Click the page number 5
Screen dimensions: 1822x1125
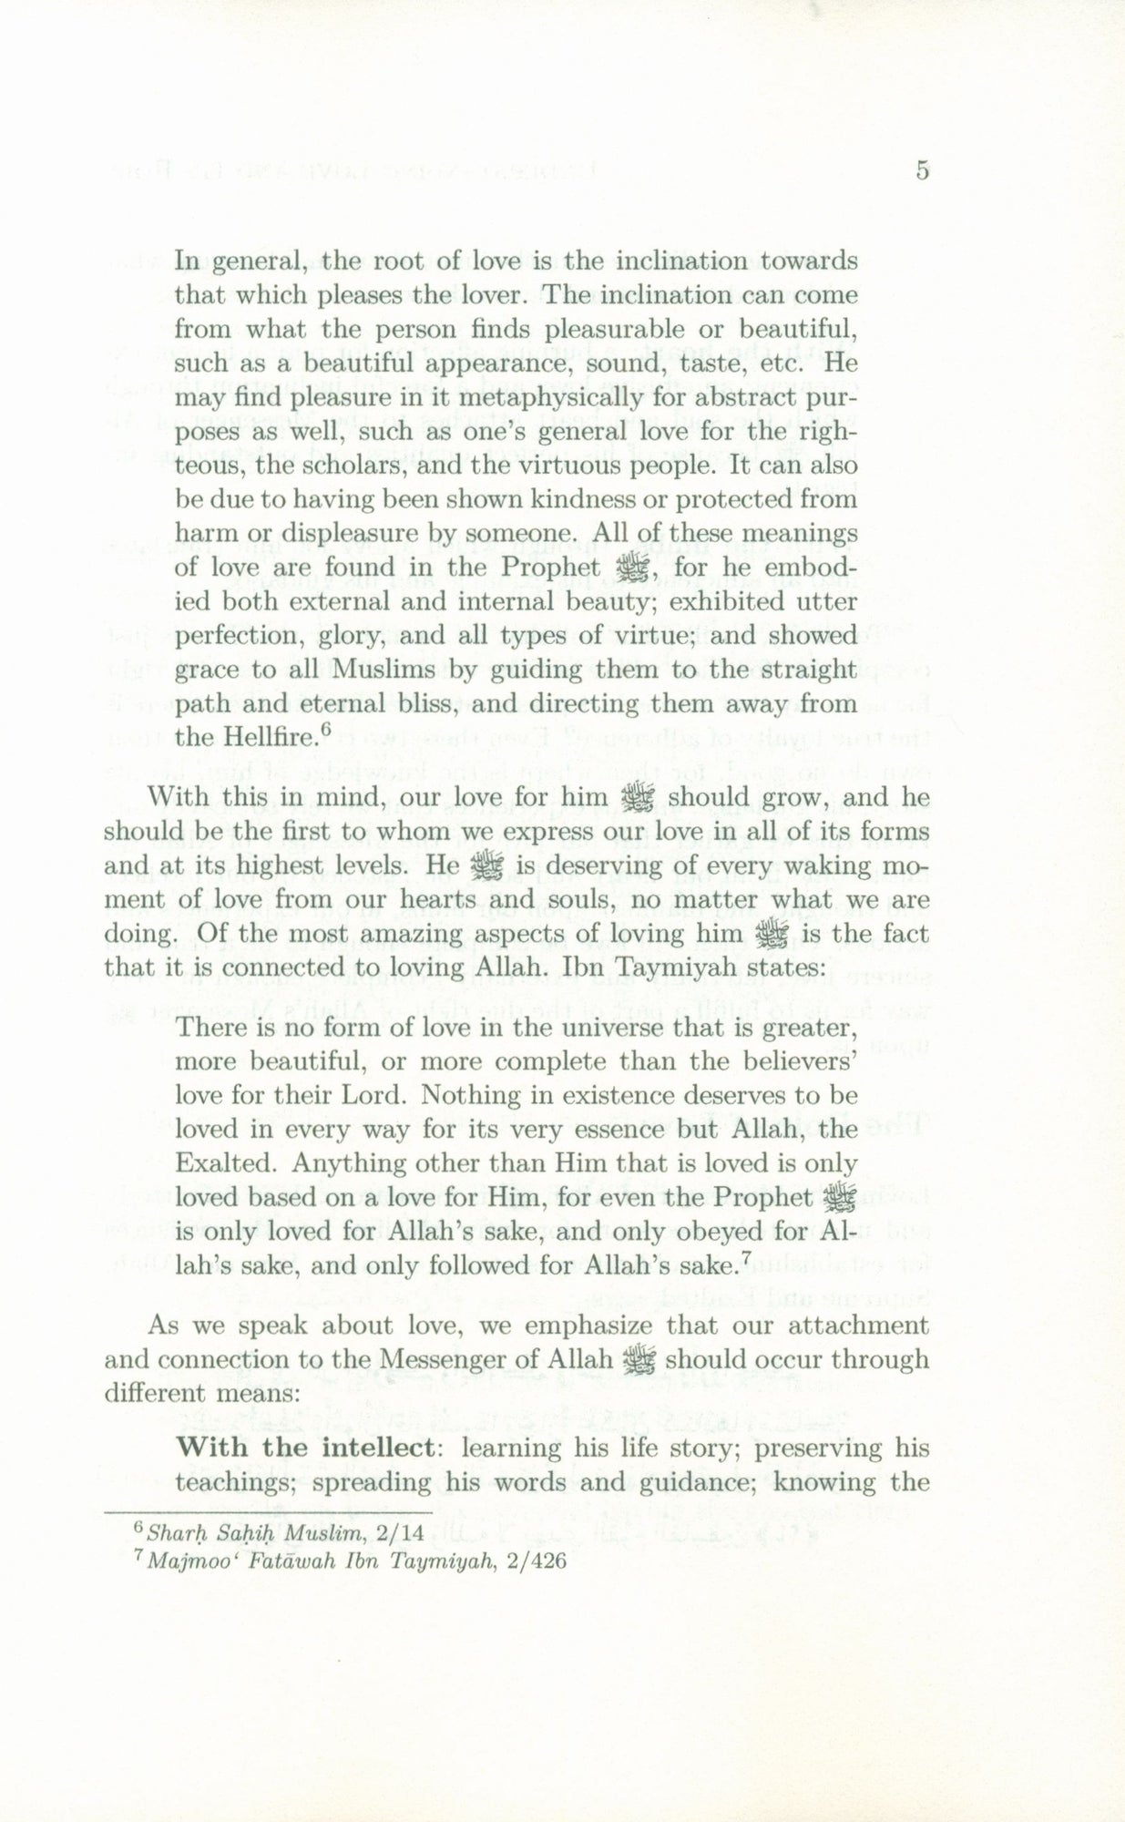922,170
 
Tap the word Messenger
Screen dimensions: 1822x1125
441,1360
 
